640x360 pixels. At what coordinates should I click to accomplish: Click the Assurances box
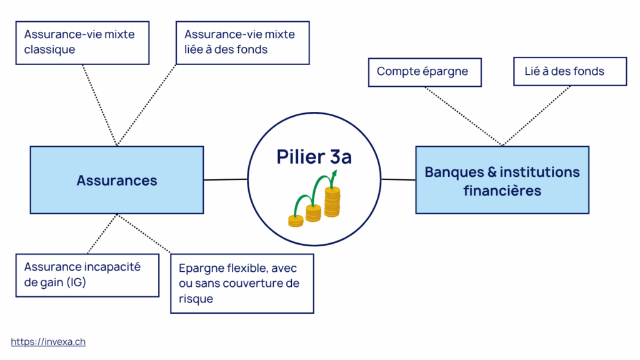pos(117,180)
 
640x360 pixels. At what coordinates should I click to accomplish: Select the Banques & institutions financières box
pos(502,180)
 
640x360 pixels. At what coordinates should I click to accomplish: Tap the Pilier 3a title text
pos(314,157)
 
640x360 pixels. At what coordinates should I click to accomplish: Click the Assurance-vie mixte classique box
pos(82,42)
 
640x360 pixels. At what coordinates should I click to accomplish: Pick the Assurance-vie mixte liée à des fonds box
pos(242,42)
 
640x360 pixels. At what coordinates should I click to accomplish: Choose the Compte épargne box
pos(425,72)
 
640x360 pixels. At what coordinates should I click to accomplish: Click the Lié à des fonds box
pos(569,72)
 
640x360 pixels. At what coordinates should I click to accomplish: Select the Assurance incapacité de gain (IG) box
pos(87,274)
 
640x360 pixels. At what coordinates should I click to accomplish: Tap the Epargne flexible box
pos(242,283)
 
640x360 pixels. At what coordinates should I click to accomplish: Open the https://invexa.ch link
pos(48,342)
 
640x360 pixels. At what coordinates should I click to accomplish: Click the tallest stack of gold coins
pos(332,202)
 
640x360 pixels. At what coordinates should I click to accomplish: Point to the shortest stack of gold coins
pos(296,220)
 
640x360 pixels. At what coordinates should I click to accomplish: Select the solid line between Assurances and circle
pos(225,180)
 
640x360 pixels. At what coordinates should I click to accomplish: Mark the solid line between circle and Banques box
pos(398,180)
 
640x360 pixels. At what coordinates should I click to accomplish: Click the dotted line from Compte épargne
pos(462,116)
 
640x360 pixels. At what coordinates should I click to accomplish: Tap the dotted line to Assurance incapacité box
pos(101,234)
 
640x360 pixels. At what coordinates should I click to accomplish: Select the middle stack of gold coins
pos(313,212)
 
